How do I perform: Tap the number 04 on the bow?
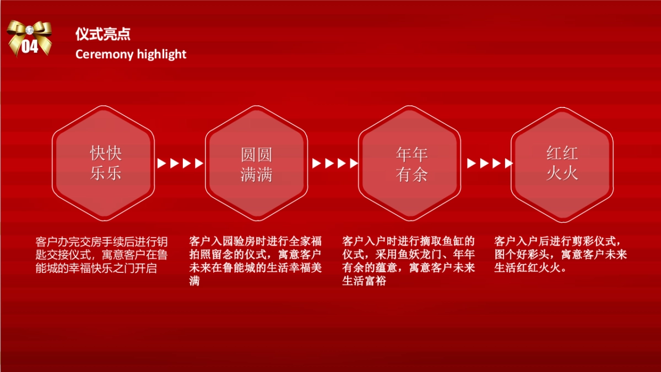[30, 46]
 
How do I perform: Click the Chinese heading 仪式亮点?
[103, 34]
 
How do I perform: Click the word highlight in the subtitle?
[162, 54]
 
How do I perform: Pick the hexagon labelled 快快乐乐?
[105, 163]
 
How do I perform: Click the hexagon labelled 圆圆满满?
[257, 163]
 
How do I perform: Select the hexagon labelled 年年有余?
[411, 163]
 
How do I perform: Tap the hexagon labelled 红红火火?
[562, 163]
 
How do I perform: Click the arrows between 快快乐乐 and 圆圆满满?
[180, 163]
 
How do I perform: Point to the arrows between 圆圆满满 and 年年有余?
[335, 163]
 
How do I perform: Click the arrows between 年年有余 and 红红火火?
[490, 163]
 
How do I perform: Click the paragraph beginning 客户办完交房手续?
[101, 255]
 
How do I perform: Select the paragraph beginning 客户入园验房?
[255, 261]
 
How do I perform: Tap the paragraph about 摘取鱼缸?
[408, 261]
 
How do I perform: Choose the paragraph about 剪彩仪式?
[561, 255]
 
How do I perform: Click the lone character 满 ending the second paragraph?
[194, 281]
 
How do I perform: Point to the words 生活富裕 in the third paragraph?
[364, 281]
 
